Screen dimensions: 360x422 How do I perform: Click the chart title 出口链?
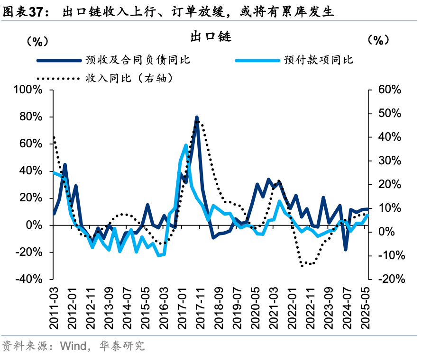click(x=211, y=36)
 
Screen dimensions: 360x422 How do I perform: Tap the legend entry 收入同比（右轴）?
click(x=128, y=78)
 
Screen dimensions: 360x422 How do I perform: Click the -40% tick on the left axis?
click(x=29, y=279)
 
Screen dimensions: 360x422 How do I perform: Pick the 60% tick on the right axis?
click(x=388, y=90)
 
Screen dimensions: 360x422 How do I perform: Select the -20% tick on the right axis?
click(x=390, y=279)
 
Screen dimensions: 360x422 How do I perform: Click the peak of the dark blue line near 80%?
click(x=197, y=117)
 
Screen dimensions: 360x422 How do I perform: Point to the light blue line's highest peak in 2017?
click(x=186, y=145)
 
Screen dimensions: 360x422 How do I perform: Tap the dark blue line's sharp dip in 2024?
click(x=346, y=249)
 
